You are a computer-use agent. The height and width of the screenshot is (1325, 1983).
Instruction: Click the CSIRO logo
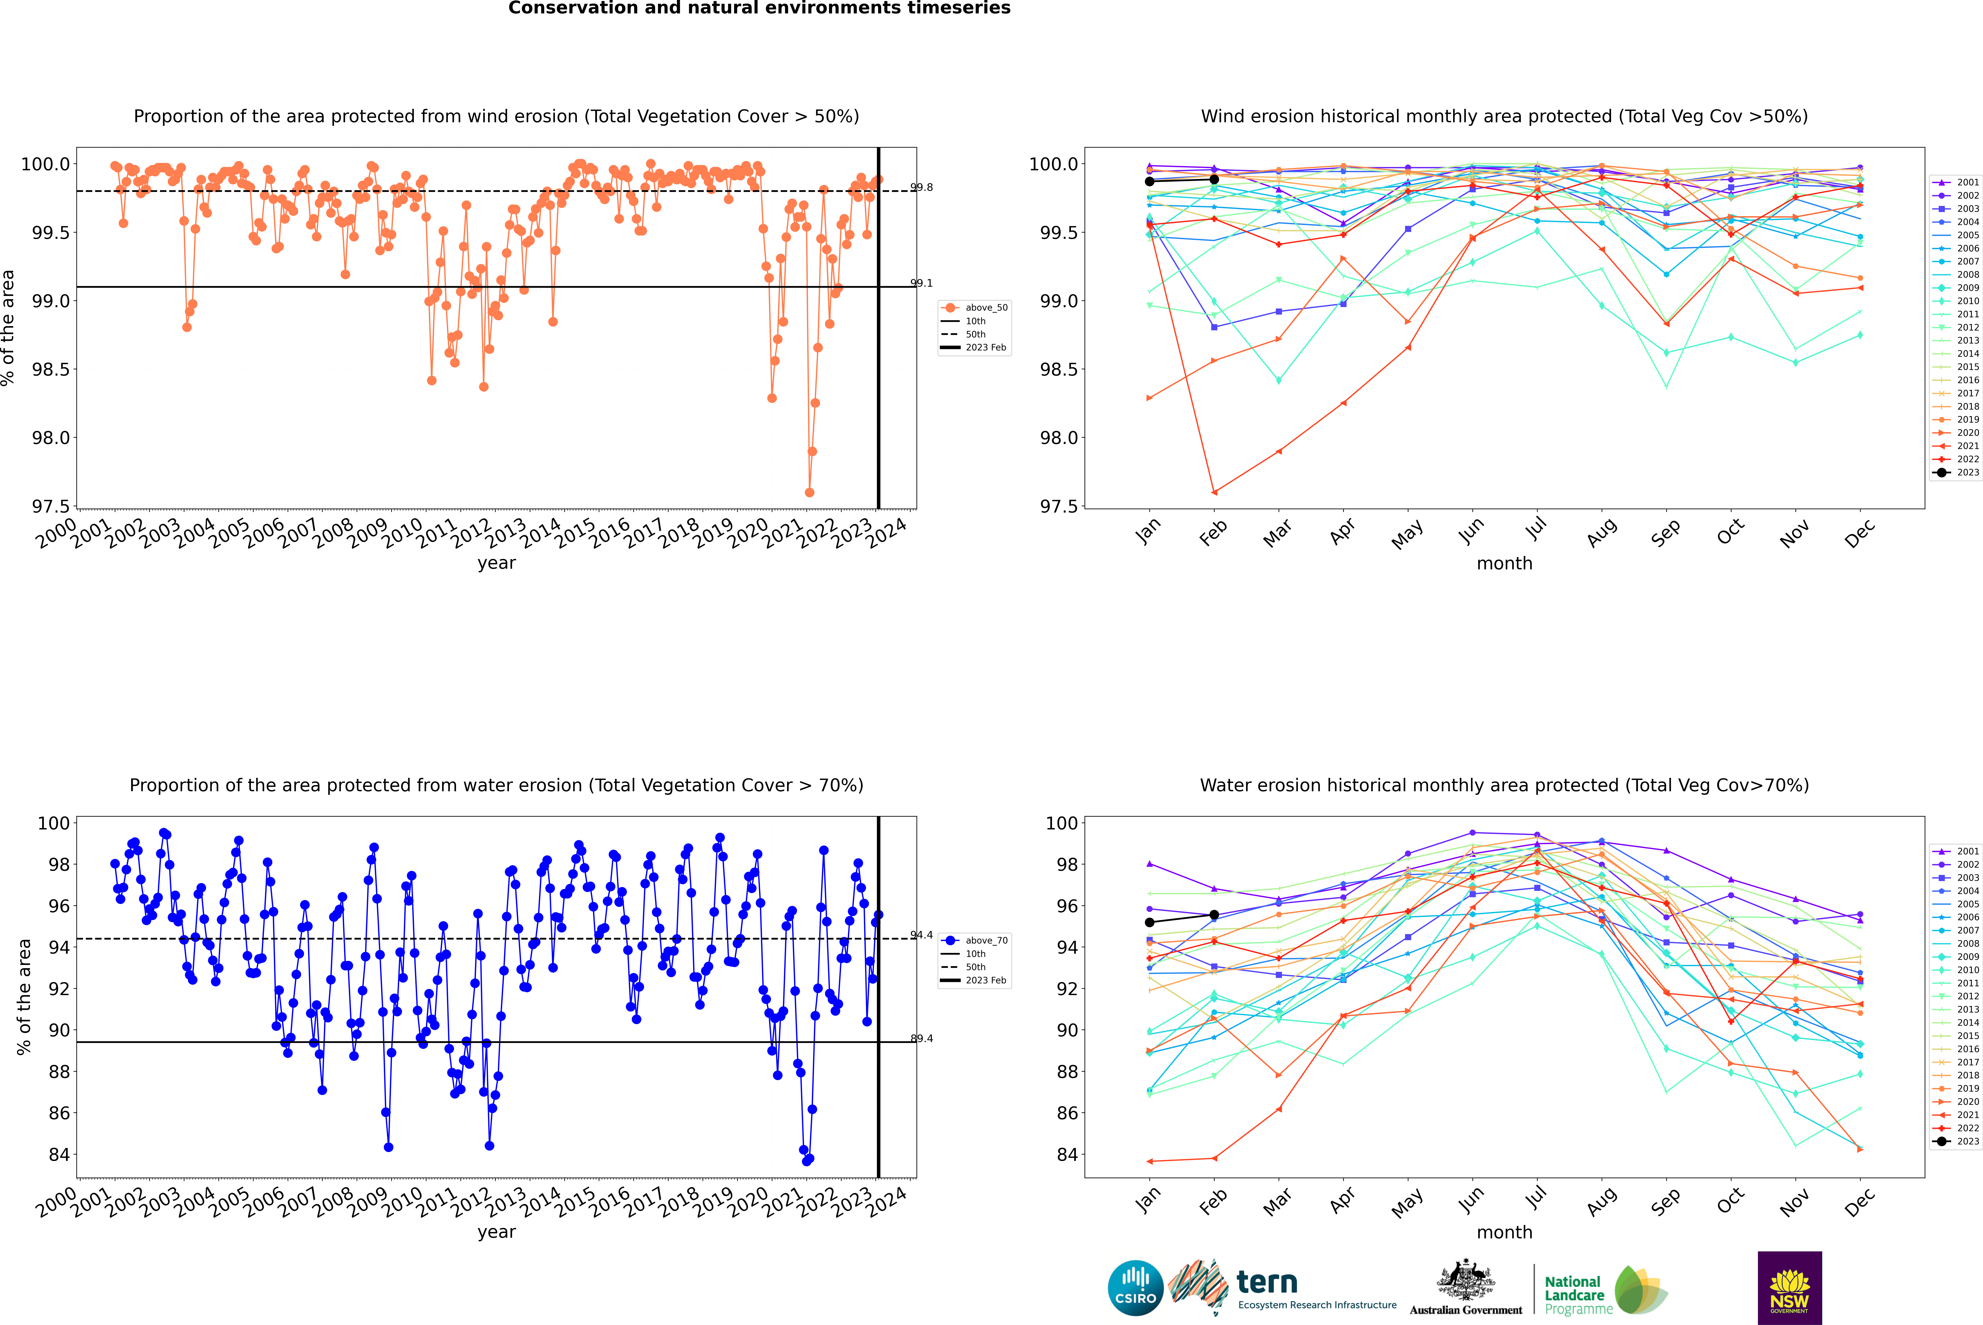[x=1135, y=1288]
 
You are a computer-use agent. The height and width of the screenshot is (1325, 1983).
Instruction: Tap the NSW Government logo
[x=1789, y=1288]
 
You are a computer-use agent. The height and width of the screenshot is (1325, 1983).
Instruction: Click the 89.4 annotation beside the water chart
[x=921, y=1039]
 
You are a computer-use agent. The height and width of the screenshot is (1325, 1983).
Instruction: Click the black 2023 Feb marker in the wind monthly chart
[x=1214, y=179]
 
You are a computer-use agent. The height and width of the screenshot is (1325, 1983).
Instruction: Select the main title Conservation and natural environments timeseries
[x=759, y=8]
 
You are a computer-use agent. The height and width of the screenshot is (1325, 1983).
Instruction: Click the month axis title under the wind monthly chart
[x=1504, y=563]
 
